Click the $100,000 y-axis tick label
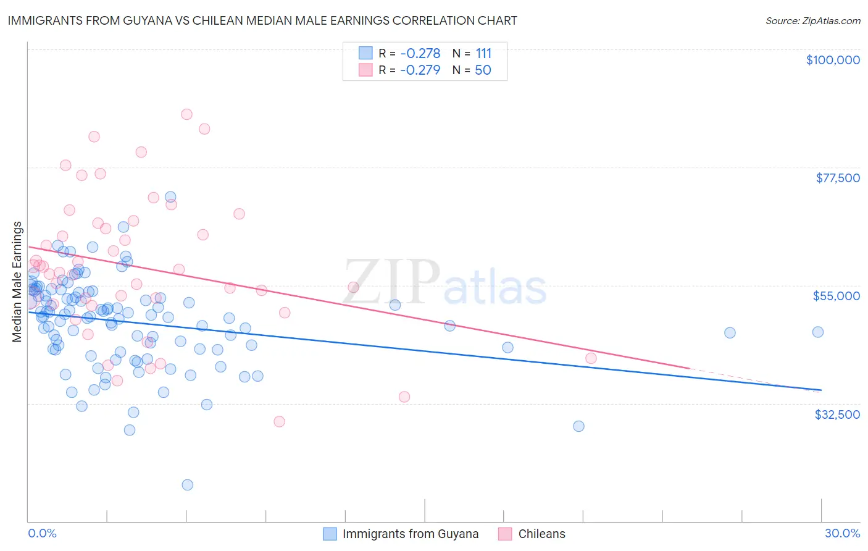833,60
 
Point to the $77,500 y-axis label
838,178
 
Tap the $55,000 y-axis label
836,296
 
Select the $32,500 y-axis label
837,414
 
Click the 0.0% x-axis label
42,533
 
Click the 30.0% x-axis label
842,533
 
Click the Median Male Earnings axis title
17,282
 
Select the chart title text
262,20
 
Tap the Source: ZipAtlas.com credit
812,20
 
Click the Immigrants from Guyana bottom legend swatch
330,534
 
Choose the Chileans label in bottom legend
541,534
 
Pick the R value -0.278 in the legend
420,54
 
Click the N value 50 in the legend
483,70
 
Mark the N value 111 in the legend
483,54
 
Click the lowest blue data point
188,485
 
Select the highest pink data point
186,114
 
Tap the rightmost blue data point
818,332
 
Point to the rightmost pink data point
591,358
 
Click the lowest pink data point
279,421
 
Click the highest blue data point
170,197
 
